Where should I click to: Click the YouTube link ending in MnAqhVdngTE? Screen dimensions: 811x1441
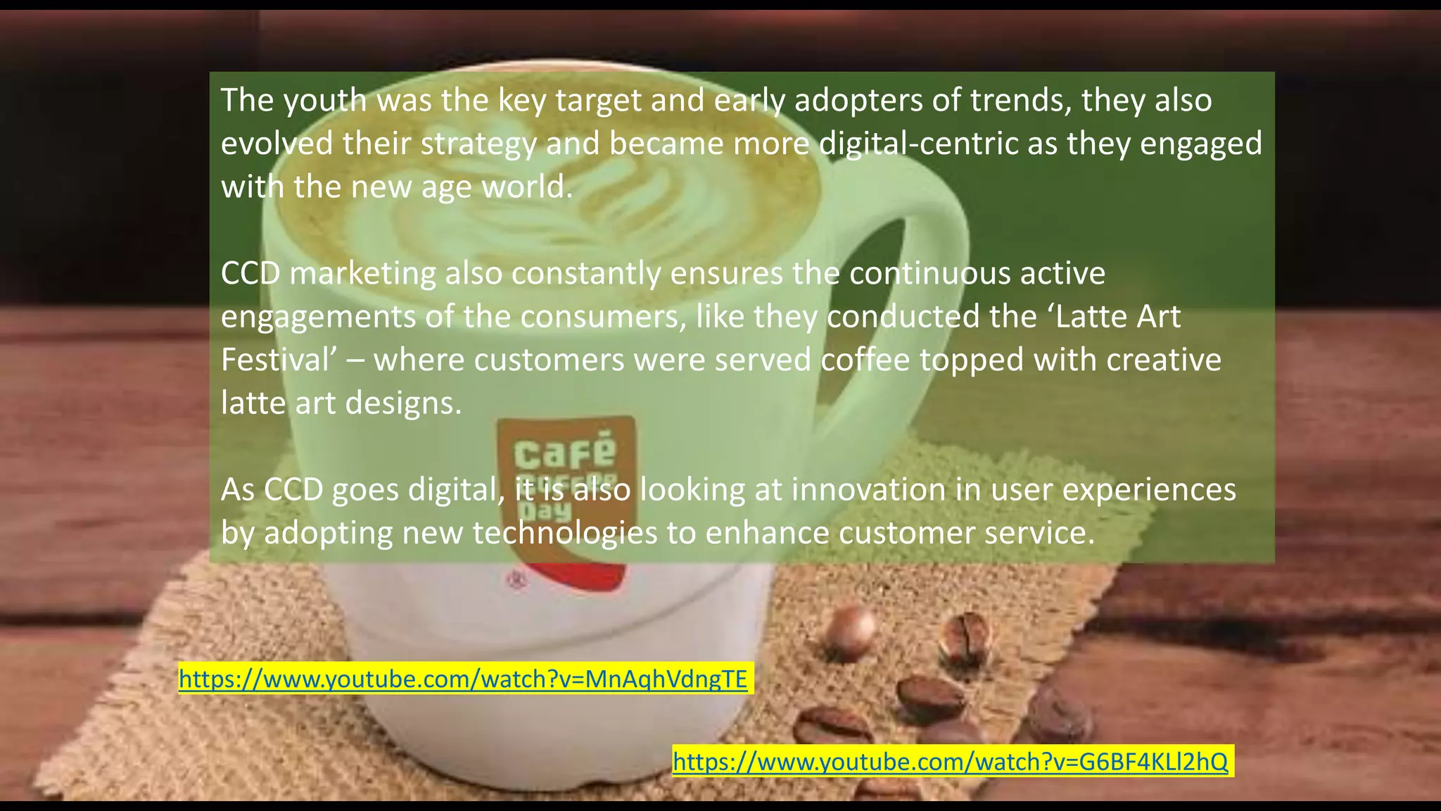(463, 679)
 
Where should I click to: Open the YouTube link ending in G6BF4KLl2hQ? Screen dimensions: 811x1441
(950, 761)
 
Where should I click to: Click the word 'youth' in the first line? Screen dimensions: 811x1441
(326, 100)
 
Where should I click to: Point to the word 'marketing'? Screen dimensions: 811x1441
(362, 273)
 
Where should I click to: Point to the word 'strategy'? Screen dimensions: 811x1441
(478, 144)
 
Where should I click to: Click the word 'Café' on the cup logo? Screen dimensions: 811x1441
(564, 452)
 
